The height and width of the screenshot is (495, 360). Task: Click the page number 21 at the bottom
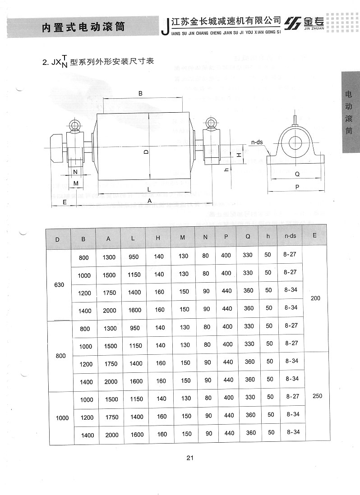tap(190, 458)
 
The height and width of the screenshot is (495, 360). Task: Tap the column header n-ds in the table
tap(290, 236)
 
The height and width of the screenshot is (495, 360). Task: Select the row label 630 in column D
tap(59, 285)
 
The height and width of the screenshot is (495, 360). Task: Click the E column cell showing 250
tap(317, 396)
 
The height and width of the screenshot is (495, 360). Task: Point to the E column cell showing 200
tap(315, 298)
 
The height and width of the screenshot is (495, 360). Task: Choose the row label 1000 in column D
tap(62, 418)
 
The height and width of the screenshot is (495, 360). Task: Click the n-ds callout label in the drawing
tap(257, 142)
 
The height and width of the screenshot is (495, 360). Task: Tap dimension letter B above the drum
tap(141, 93)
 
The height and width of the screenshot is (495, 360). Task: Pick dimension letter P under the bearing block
tap(297, 187)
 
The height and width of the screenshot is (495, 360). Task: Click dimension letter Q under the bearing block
tap(297, 174)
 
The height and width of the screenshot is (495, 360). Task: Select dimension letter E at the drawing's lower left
tap(65, 202)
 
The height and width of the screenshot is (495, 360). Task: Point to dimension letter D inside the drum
tap(146, 152)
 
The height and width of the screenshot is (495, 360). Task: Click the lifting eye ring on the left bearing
tap(75, 125)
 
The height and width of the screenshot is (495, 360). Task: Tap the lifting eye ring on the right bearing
tap(210, 122)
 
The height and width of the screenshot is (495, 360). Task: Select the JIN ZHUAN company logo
tap(304, 23)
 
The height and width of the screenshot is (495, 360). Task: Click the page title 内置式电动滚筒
tap(83, 27)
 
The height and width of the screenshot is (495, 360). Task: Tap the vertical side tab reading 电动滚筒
tap(349, 113)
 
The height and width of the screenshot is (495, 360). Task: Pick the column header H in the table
tap(158, 238)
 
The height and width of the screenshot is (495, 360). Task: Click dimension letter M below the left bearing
tap(76, 183)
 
